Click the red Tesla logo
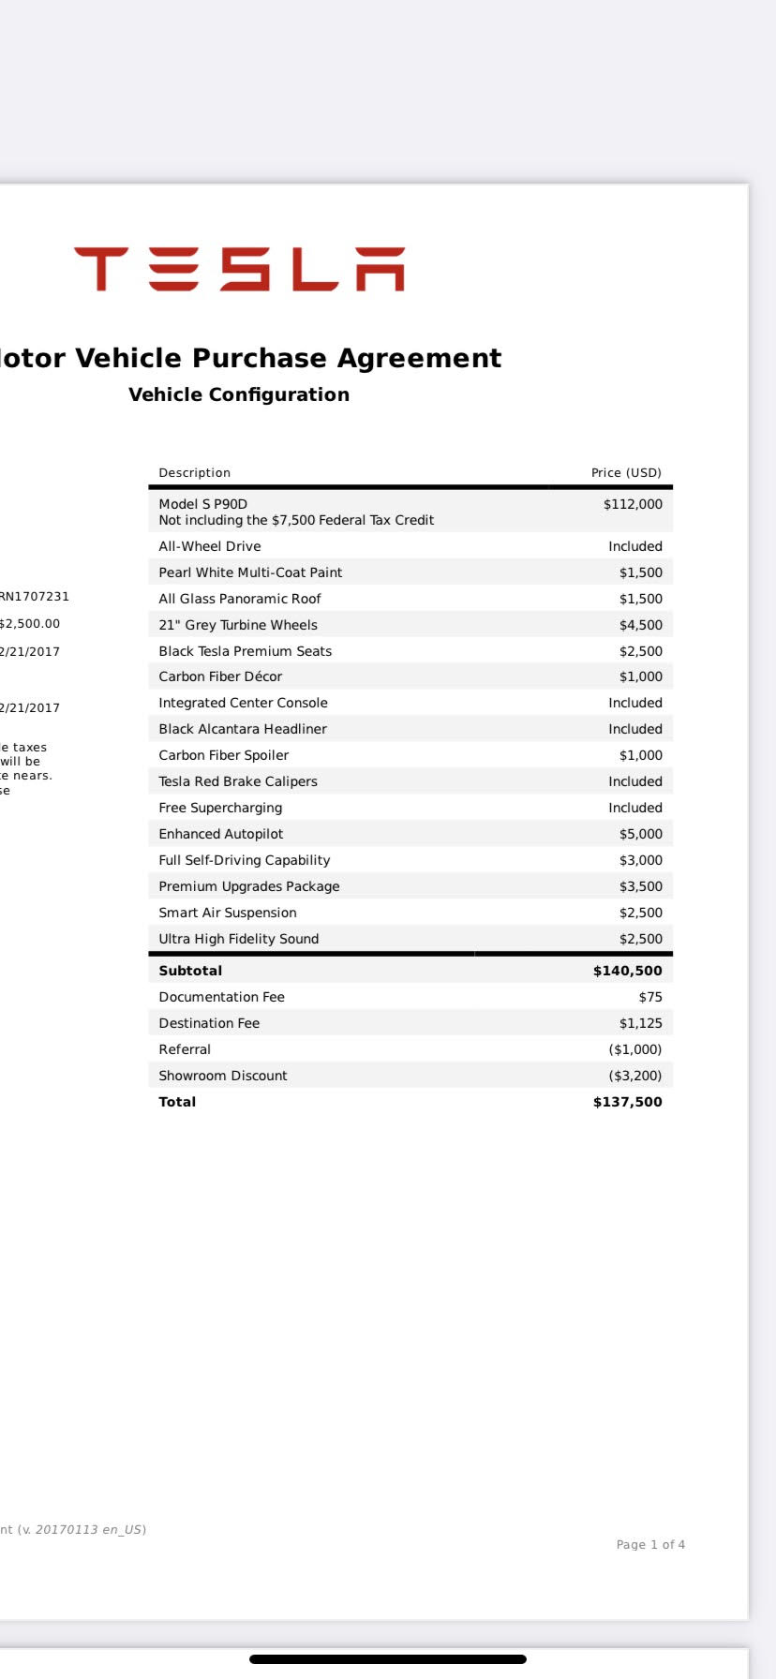point(239,270)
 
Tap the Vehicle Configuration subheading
point(239,394)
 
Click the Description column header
point(194,473)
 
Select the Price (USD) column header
point(626,473)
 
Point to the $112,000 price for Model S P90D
point(633,504)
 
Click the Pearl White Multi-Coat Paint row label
point(250,572)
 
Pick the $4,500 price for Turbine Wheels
point(641,625)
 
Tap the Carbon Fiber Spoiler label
point(224,755)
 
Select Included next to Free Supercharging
point(635,808)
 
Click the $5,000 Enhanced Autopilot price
point(641,834)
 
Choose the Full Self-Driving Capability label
point(245,860)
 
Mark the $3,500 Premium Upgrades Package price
point(641,886)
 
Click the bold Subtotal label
point(190,971)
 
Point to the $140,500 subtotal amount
point(628,971)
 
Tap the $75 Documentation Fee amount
point(650,997)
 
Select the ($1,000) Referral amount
point(635,1049)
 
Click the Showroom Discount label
point(223,1076)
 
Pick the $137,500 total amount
point(628,1102)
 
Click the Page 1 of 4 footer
point(650,1544)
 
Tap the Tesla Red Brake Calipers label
point(238,781)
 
